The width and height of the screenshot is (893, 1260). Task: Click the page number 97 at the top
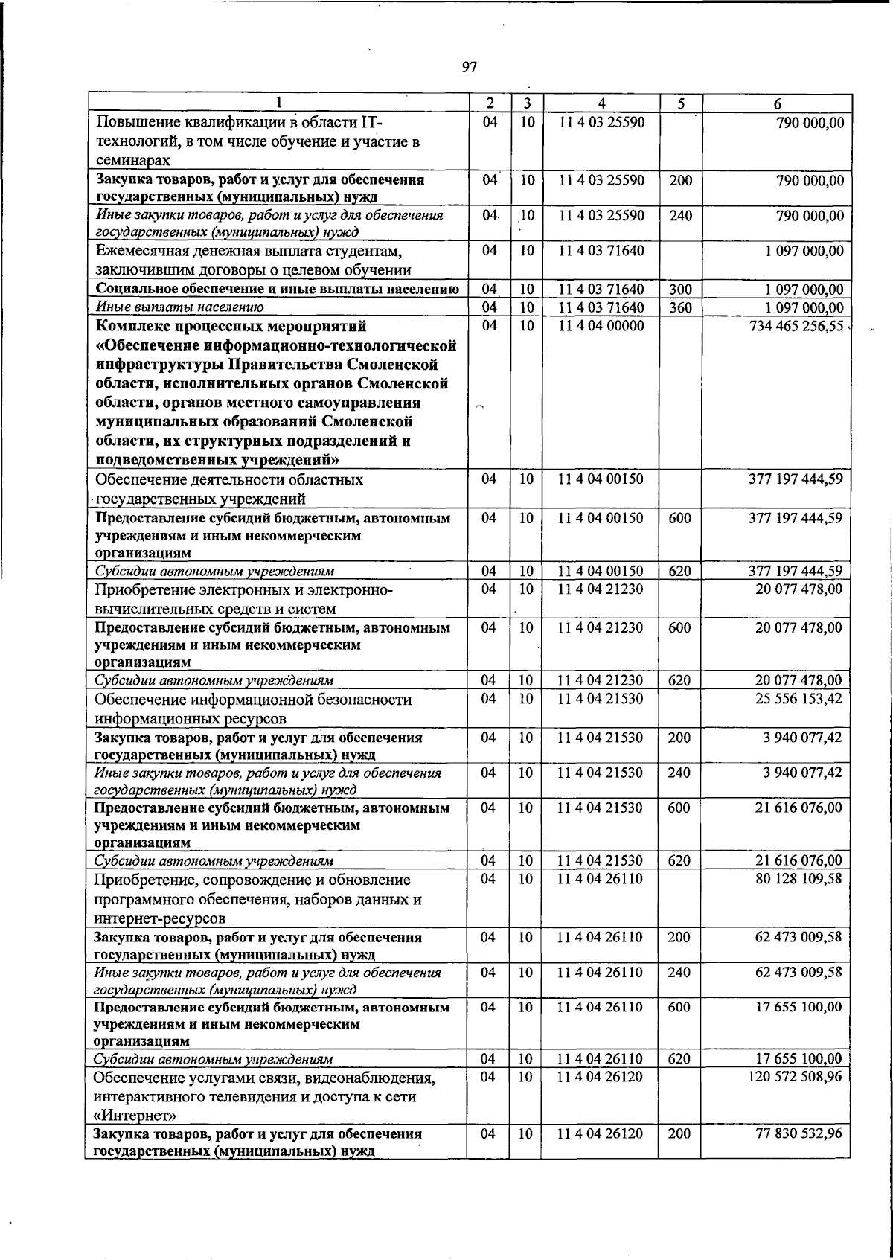(468, 68)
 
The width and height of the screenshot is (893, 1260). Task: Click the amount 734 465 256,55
(796, 326)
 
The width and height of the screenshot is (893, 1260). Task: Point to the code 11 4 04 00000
(601, 326)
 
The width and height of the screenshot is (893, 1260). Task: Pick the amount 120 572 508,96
(796, 1077)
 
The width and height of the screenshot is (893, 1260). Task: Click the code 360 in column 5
(679, 307)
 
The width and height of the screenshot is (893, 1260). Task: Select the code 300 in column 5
(679, 290)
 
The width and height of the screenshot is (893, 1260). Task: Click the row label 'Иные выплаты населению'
(179, 307)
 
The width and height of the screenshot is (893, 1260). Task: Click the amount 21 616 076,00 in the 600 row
(798, 808)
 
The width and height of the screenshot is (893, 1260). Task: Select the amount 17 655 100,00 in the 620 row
(798, 1058)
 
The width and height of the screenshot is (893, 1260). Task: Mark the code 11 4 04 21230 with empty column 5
(601, 589)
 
